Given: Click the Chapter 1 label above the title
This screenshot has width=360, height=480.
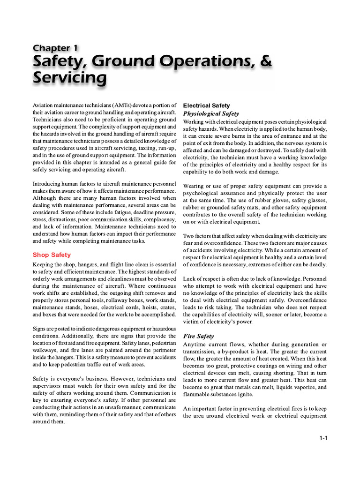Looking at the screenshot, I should click(x=55, y=48).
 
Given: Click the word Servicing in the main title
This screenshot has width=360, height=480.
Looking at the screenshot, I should click(x=69, y=78).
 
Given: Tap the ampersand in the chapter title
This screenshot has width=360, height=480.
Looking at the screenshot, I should click(x=265, y=61).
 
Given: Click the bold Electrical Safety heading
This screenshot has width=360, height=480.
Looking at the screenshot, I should click(x=206, y=105).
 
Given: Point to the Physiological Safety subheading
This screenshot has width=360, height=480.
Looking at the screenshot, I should click(x=210, y=113).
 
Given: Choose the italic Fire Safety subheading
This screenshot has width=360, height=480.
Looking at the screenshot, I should click(x=198, y=336).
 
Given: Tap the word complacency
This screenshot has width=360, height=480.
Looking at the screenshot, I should click(x=159, y=219).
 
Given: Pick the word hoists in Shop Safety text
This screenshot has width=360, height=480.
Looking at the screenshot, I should click(x=136, y=308).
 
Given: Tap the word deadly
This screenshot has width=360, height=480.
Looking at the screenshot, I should click(x=317, y=265).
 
